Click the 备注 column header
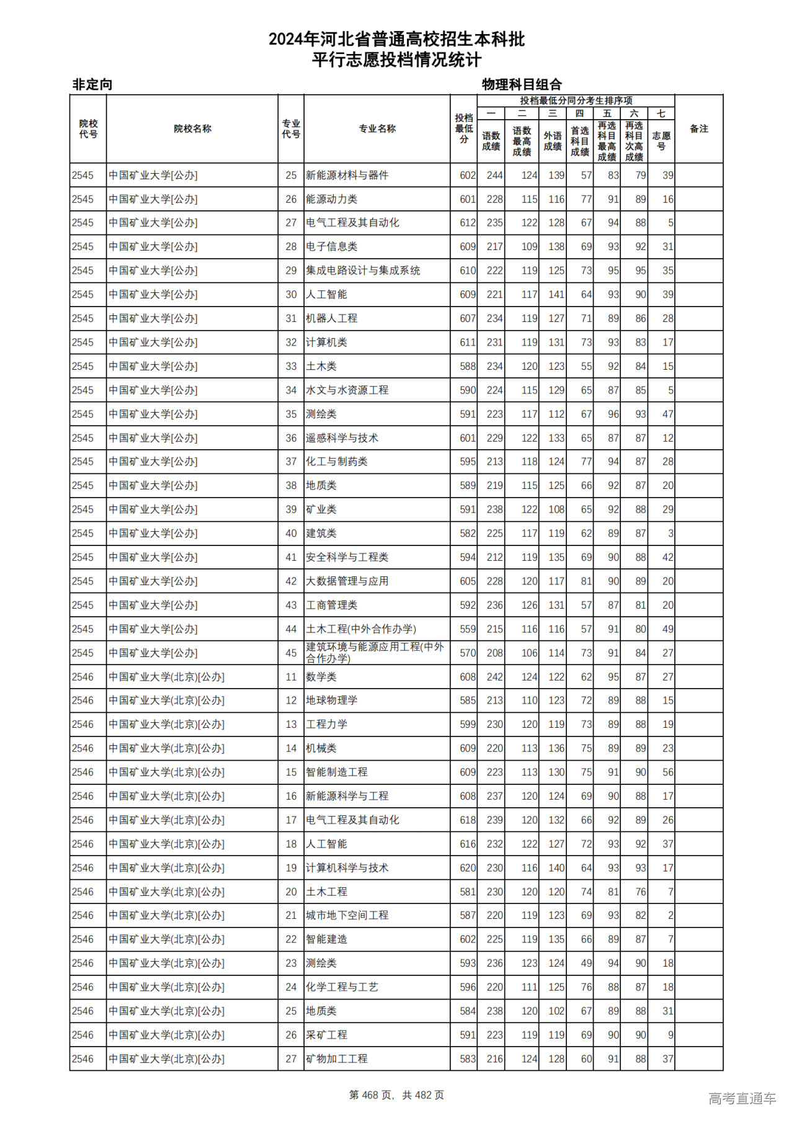coord(698,128)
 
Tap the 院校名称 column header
coord(192,128)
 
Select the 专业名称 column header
coord(377,128)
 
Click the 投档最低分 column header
coord(463,128)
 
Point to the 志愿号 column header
coord(661,140)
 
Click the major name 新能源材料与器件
coord(347,176)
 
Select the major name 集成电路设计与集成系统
coord(362,271)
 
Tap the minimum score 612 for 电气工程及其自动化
coord(468,223)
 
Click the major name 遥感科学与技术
coord(342,438)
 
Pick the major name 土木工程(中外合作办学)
coord(360,629)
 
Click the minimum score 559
coord(468,629)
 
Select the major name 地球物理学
coord(331,700)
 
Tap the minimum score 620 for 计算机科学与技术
coord(468,868)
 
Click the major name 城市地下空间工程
coord(347,915)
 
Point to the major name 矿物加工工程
coord(336,1059)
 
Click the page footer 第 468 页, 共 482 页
coord(396,1095)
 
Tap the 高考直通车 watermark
coord(742,1098)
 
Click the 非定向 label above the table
coord(92,84)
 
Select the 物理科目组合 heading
coord(522,84)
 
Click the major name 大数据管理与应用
coord(347,581)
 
